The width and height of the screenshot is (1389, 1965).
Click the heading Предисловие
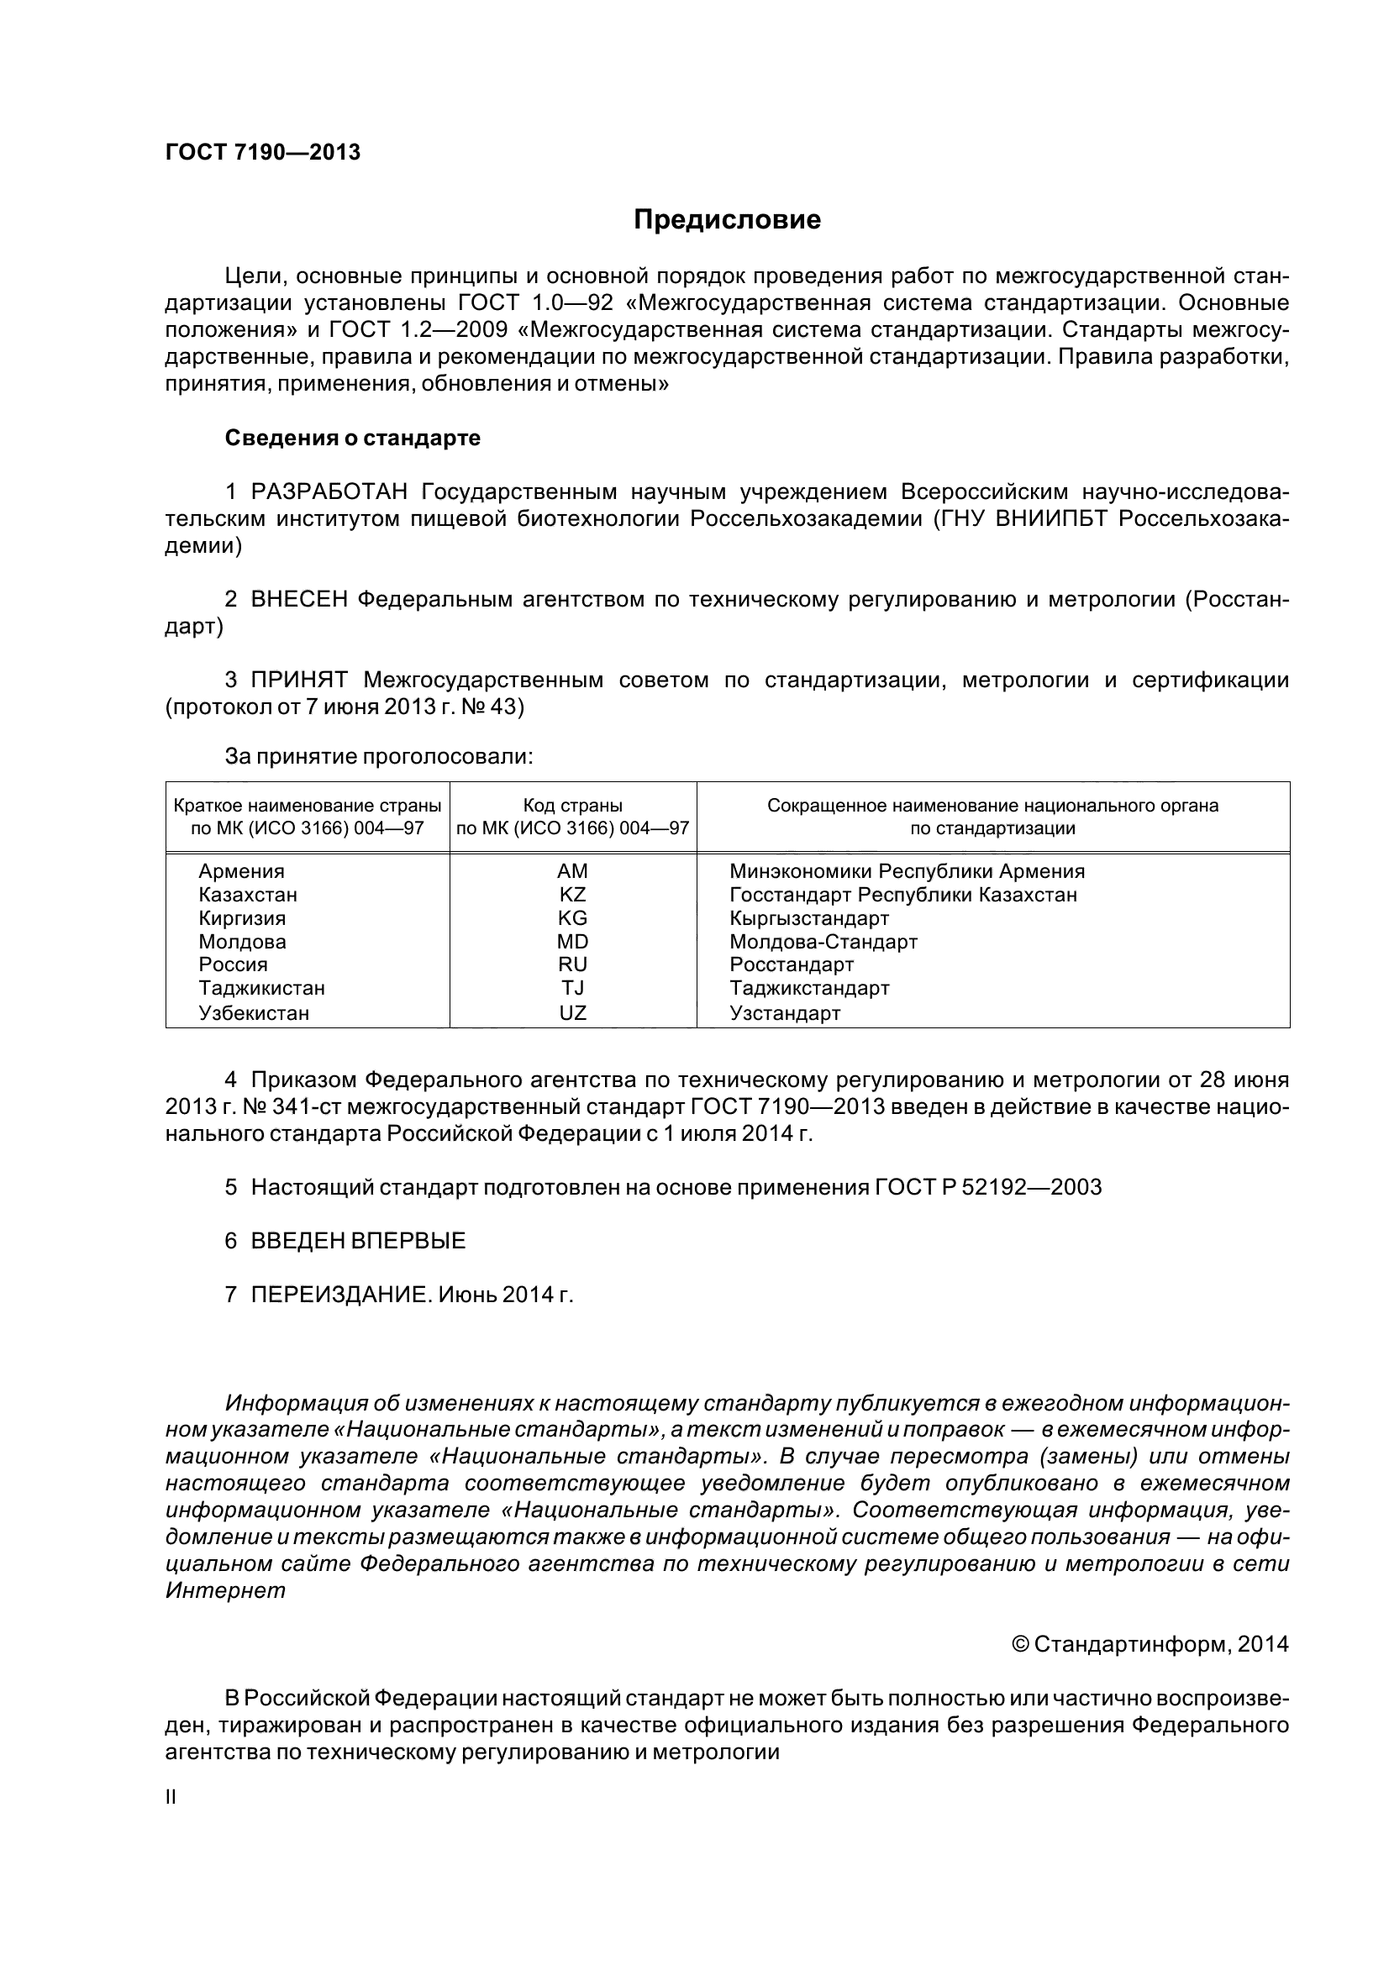727,221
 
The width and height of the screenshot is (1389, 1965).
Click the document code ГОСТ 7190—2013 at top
263,153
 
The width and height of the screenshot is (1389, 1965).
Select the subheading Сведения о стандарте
353,439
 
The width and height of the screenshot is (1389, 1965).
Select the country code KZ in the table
572,896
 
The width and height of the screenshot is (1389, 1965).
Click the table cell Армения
241,871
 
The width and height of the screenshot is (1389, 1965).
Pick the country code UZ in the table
572,1013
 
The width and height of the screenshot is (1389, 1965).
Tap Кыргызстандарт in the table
808,918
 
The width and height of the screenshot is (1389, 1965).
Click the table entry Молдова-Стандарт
823,943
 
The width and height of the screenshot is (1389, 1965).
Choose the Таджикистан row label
262,989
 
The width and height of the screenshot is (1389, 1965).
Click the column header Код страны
572,806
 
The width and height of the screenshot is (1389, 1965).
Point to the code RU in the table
572,965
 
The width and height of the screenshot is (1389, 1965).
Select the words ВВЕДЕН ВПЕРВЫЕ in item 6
358,1241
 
